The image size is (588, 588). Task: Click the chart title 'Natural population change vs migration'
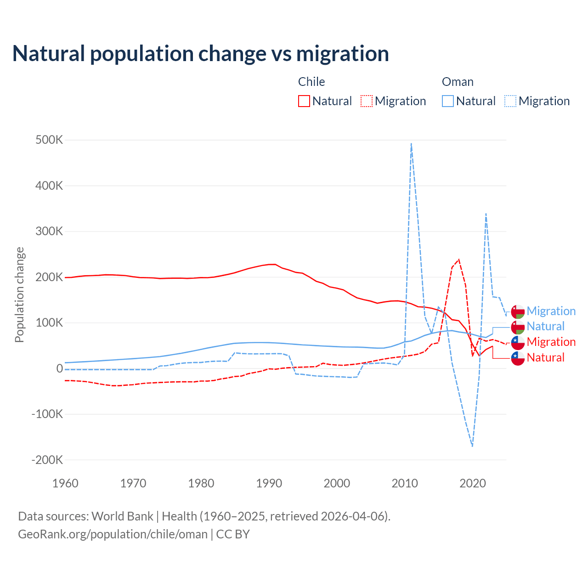coord(201,53)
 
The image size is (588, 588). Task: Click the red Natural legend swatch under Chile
coord(304,101)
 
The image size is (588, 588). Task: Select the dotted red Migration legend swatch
coord(366,101)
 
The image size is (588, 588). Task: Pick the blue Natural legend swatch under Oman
coord(447,101)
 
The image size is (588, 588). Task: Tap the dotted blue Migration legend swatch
coord(510,101)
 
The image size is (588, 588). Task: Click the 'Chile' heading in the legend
coord(311,82)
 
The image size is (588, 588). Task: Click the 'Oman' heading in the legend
coord(458,82)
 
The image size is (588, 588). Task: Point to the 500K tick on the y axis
coord(49,140)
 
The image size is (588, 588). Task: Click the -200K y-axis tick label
coord(47,460)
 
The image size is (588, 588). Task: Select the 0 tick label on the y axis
coord(60,368)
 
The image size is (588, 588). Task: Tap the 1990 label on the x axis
coord(269,483)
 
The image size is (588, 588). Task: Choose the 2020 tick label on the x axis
coord(473,483)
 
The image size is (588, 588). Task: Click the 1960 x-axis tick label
coord(66,483)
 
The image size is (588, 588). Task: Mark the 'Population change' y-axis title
coord(19,295)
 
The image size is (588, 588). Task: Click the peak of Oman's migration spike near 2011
coord(411,143)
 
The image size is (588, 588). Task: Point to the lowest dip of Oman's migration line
coord(472,446)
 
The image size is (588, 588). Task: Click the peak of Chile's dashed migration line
coord(458,260)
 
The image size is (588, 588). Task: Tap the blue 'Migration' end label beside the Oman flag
coord(551,311)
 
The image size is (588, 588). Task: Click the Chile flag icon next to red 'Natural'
coord(518,358)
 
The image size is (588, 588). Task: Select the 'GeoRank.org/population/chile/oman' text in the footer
coord(113,534)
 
